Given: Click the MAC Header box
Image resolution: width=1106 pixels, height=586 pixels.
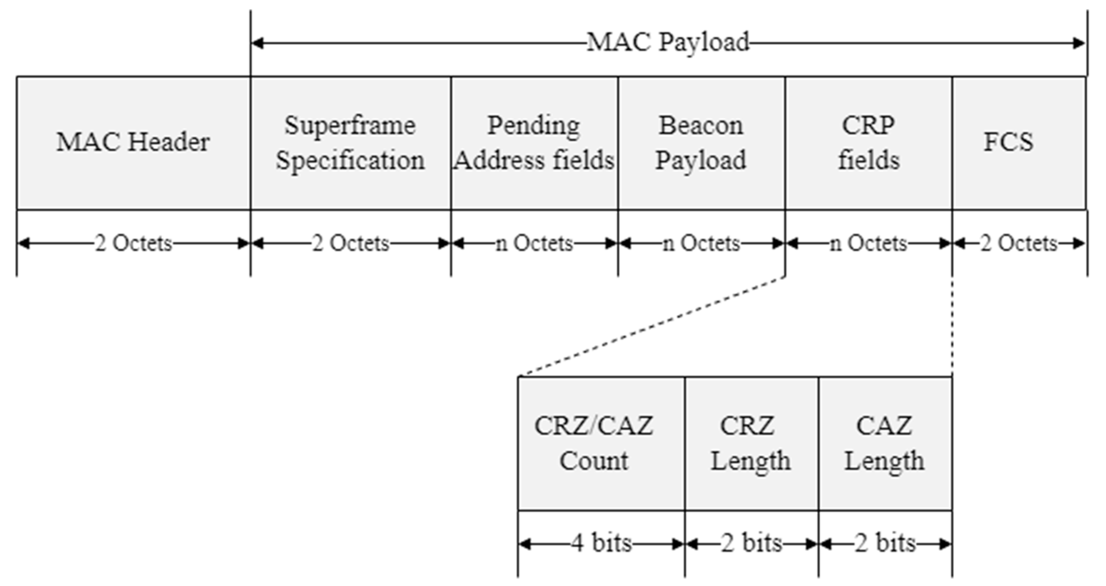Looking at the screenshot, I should point(133,143).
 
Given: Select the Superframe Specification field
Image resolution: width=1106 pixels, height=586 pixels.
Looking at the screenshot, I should point(350,143).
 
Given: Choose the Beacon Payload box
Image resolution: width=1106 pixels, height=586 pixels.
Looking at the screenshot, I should point(701,143).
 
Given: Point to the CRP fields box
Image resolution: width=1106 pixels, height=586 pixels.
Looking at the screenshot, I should point(868,143).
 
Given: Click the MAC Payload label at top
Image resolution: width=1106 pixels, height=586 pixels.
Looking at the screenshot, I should point(668,42).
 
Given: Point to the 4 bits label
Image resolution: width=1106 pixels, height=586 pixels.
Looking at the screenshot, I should point(601,543).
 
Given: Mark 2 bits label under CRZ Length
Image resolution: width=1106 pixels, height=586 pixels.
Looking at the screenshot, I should point(751,543).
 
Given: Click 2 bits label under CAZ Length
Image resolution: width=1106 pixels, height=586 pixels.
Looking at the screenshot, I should point(885,543).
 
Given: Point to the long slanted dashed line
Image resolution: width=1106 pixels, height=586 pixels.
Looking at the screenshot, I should point(652,327).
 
